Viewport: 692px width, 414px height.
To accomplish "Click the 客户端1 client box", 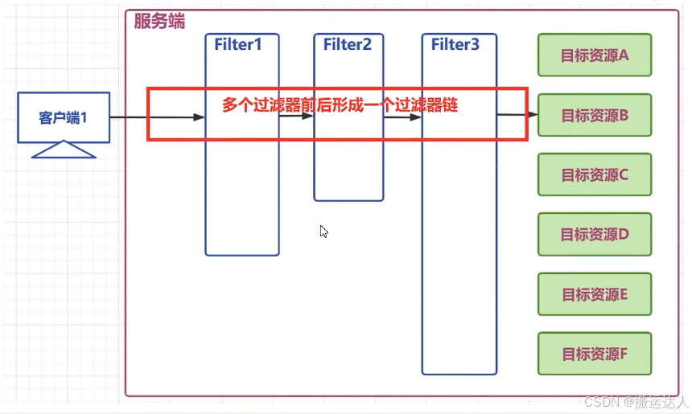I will (x=64, y=117).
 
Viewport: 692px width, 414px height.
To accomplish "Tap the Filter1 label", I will (x=238, y=45).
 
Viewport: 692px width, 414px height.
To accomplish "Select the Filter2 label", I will (x=348, y=45).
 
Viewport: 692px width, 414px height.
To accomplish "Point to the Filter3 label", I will (x=455, y=45).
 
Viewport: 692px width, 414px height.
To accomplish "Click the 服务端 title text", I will (x=159, y=22).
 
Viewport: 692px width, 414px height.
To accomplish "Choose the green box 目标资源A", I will (x=595, y=55).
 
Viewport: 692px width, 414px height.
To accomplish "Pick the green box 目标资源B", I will (x=595, y=116).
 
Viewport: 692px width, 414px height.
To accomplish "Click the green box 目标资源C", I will (x=595, y=174).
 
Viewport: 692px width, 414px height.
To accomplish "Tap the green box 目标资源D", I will (x=595, y=235).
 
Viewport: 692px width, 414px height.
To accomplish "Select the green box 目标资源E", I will (x=595, y=294).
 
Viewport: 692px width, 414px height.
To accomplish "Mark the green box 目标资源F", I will (x=595, y=354).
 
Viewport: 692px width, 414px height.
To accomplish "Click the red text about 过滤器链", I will (x=340, y=105).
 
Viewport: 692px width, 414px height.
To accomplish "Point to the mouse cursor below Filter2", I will (x=323, y=232).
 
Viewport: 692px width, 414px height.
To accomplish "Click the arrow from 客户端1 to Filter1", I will (x=157, y=117).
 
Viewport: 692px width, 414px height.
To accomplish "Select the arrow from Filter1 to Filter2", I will (x=296, y=117).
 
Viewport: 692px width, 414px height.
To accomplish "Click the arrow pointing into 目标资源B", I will (x=517, y=115).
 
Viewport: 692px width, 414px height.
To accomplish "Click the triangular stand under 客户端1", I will (x=64, y=150).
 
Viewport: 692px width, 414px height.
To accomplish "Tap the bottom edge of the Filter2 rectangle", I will (x=348, y=200).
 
